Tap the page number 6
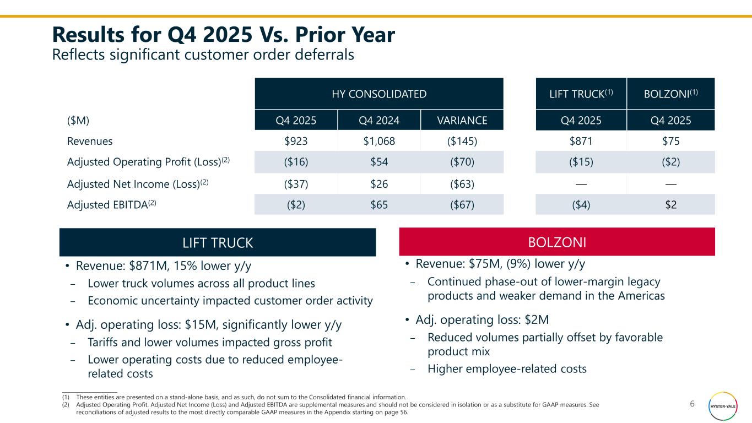pyautogui.click(x=693, y=404)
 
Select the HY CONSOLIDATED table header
pyautogui.click(x=379, y=94)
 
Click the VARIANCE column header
pyautogui.click(x=462, y=121)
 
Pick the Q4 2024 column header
pyautogui.click(x=378, y=121)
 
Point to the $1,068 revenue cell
pyautogui.click(x=378, y=141)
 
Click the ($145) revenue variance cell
pyautogui.click(x=462, y=141)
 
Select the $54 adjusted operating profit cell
pyautogui.click(x=378, y=162)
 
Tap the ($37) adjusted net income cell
pyautogui.click(x=296, y=183)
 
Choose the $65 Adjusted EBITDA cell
pyautogui.click(x=378, y=205)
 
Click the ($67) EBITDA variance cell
pyautogui.click(x=462, y=205)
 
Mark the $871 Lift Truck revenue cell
pyautogui.click(x=581, y=141)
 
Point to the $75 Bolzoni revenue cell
pyautogui.click(x=670, y=141)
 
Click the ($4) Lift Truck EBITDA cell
pyautogui.click(x=581, y=205)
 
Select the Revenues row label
pyautogui.click(x=90, y=141)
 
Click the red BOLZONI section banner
pyautogui.click(x=557, y=242)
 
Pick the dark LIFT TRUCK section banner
pyautogui.click(x=218, y=242)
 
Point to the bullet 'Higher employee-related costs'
pyautogui.click(x=507, y=369)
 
